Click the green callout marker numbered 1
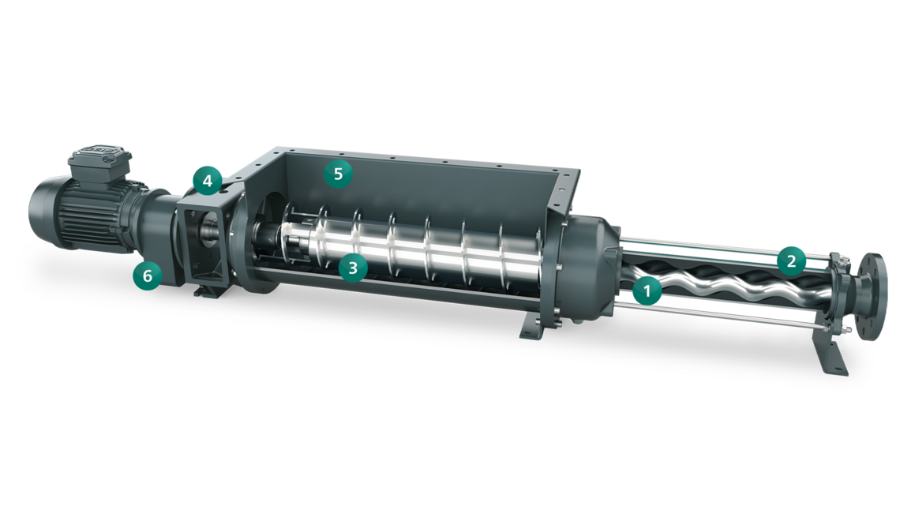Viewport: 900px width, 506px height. (647, 291)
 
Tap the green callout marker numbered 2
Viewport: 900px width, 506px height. (790, 260)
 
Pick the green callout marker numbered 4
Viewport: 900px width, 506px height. (207, 182)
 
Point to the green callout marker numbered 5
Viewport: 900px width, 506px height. (338, 174)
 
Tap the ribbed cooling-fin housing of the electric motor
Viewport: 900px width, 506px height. (87, 217)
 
